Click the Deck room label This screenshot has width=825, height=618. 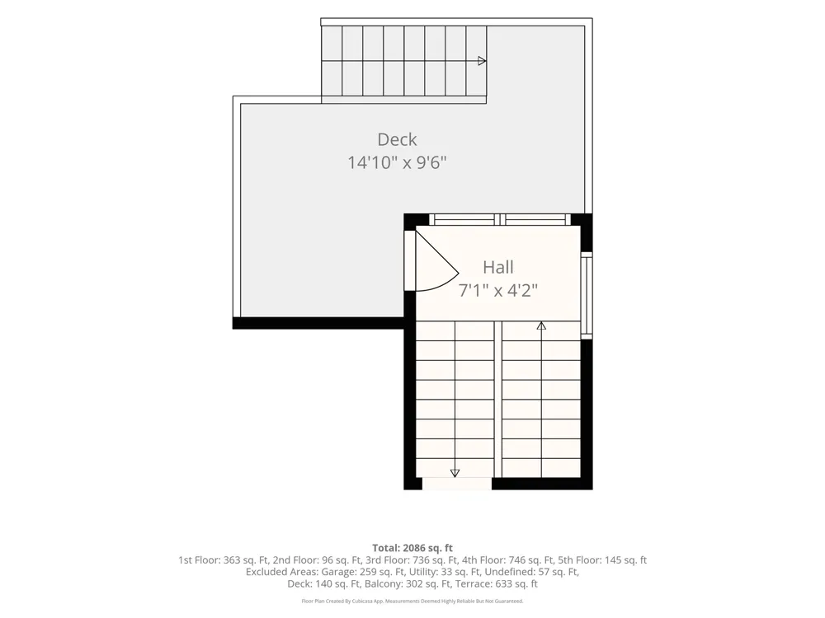[398, 139]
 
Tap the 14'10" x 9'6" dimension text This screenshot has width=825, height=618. [397, 162]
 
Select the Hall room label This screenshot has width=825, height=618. [497, 267]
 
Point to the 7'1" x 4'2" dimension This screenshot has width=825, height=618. [498, 290]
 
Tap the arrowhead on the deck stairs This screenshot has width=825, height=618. [482, 61]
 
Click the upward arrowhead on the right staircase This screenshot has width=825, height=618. [541, 325]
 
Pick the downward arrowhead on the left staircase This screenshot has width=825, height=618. [455, 473]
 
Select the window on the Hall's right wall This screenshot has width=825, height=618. [587, 295]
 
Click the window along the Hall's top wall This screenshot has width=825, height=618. [499, 220]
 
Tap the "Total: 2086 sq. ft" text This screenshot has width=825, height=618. [412, 548]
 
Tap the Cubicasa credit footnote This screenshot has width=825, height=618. [412, 602]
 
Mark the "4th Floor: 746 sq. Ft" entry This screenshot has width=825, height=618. [502, 560]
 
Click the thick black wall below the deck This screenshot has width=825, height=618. [318, 323]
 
